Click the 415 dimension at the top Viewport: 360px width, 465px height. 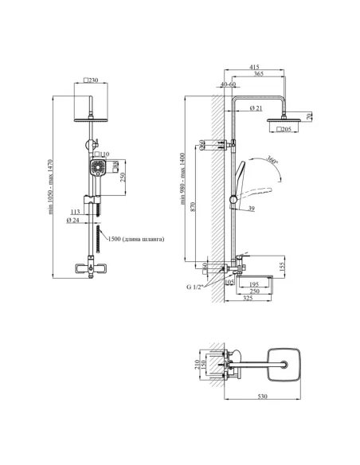pos(254,67)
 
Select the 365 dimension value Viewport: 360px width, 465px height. pos(259,73)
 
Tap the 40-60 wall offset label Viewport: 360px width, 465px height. pos(228,84)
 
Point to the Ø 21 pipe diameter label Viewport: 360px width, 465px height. pos(256,108)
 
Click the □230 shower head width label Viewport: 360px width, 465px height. pos(91,80)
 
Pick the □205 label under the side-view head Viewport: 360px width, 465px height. pos(284,129)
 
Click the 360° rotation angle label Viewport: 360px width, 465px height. pos(272,160)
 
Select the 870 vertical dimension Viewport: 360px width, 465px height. pos(193,206)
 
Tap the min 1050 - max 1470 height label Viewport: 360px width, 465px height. pos(50,187)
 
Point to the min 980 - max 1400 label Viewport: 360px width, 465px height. pos(182,178)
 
